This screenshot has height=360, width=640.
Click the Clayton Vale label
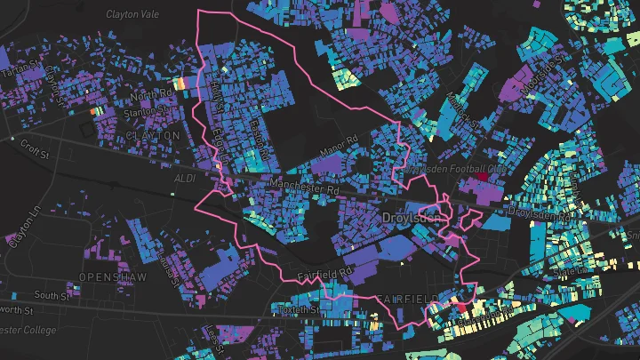pyautogui.click(x=132, y=14)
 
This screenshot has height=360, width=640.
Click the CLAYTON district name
pyautogui.click(x=153, y=135)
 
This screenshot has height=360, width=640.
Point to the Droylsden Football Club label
pyautogui.click(x=455, y=168)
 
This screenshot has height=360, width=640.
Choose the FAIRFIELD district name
pyautogui.click(x=407, y=297)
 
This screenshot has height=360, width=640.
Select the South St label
pyautogui.click(x=52, y=295)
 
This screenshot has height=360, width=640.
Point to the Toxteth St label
pyautogui.click(x=298, y=309)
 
